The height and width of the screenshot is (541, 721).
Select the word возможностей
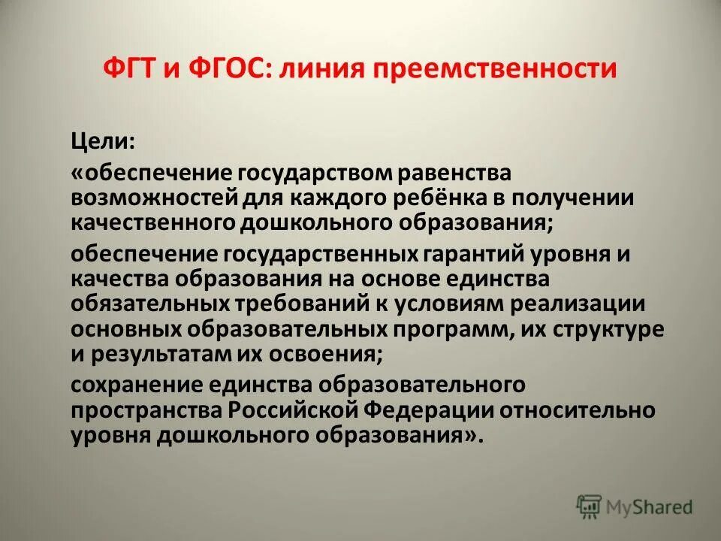(156, 198)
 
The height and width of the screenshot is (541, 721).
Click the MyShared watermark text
(650, 507)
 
